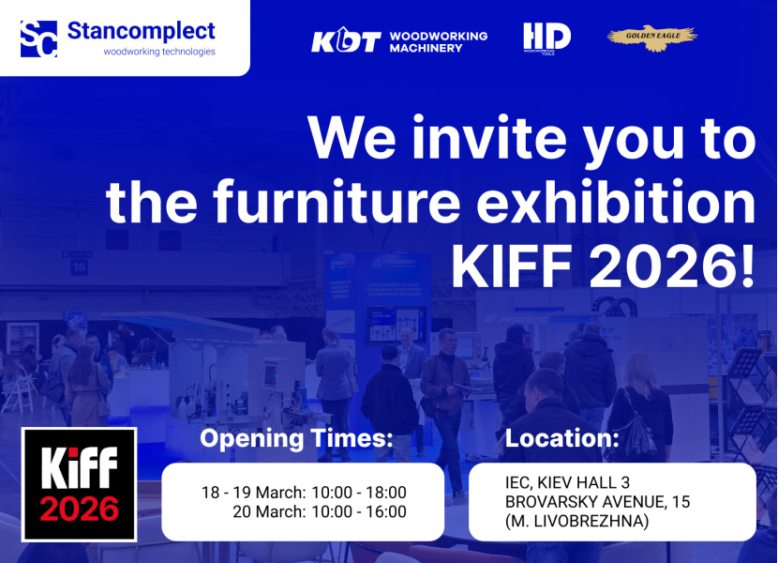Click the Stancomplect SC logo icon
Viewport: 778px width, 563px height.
pyautogui.click(x=39, y=38)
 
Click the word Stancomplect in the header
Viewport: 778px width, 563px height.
pyautogui.click(x=142, y=31)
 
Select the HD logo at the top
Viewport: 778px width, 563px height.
pyautogui.click(x=546, y=38)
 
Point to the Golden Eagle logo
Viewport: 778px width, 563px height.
pyautogui.click(x=651, y=38)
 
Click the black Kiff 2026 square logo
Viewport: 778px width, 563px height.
pyautogui.click(x=80, y=484)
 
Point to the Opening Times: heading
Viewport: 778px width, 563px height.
pyautogui.click(x=296, y=439)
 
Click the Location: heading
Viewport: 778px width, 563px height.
pyautogui.click(x=562, y=438)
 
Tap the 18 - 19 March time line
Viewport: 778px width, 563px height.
pyautogui.click(x=304, y=493)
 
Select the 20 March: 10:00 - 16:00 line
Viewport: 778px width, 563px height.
pyautogui.click(x=320, y=512)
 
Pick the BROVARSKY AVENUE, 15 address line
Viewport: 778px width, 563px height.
pyautogui.click(x=597, y=502)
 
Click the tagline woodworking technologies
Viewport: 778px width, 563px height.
pyautogui.click(x=159, y=53)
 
